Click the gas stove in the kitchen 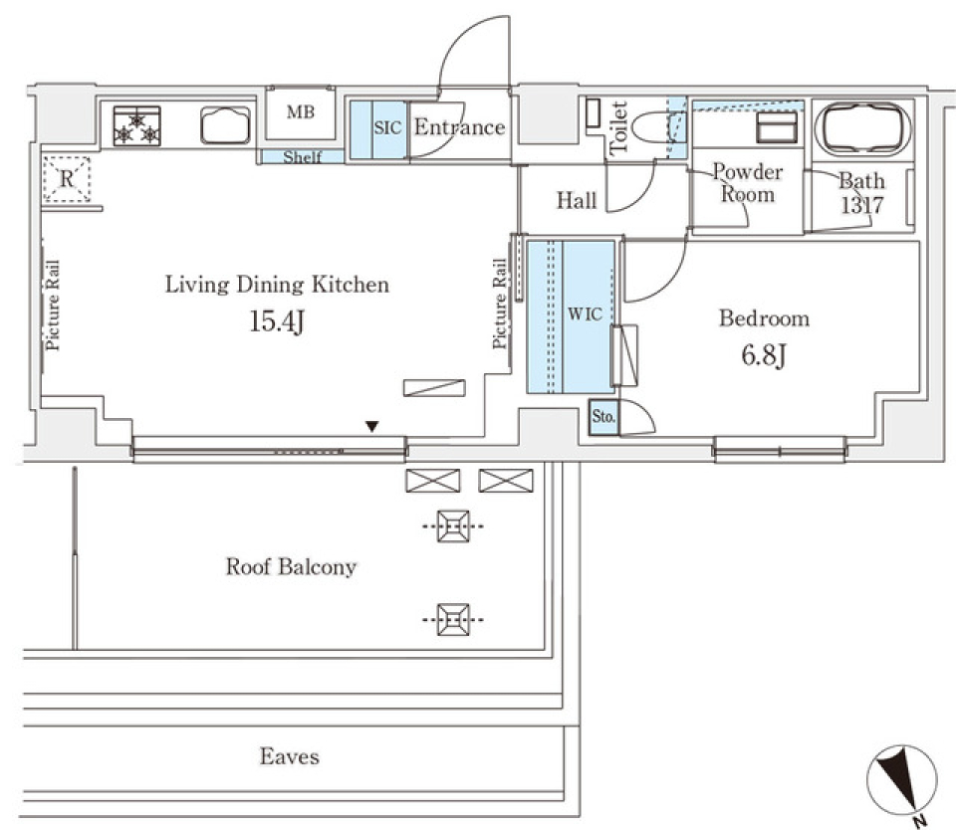click(x=137, y=126)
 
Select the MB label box click(x=301, y=112)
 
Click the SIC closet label click(x=386, y=128)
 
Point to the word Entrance click(x=459, y=127)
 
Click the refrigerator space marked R click(x=67, y=180)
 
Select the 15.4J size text click(x=275, y=322)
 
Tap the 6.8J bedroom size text click(x=764, y=355)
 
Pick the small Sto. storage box click(x=602, y=418)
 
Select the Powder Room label click(x=748, y=183)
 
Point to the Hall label click(x=577, y=202)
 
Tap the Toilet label click(x=617, y=127)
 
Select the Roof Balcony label click(x=291, y=567)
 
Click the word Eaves click(x=290, y=756)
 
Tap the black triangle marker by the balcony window click(x=371, y=427)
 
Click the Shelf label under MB click(x=302, y=157)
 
